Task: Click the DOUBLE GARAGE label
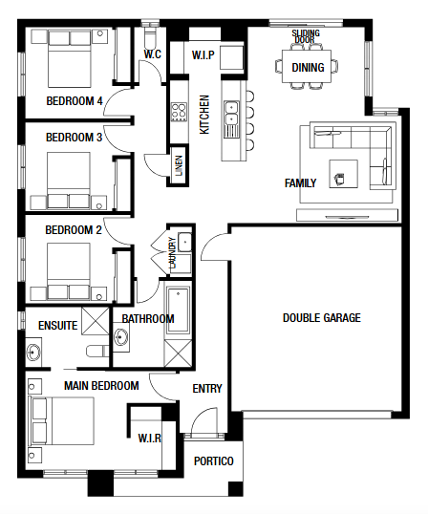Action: pos(322,317)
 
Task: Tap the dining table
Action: pos(307,66)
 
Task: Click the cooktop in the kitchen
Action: pos(179,112)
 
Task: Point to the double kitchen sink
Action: pos(231,113)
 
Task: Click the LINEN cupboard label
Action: pos(179,166)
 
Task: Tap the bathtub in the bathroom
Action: pos(178,311)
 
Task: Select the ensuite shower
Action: pos(95,321)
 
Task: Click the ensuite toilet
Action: pos(97,351)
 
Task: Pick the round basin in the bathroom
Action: pos(121,337)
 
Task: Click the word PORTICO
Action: pos(214,461)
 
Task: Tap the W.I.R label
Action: pos(149,438)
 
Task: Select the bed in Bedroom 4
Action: pos(70,59)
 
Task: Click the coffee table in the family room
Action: pos(343,174)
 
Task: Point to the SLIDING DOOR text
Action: pos(306,36)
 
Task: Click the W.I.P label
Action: pos(203,54)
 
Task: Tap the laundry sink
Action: pos(184,243)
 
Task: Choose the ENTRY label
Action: pos(207,389)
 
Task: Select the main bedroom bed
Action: pos(62,421)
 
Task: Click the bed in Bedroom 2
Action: pos(69,271)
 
